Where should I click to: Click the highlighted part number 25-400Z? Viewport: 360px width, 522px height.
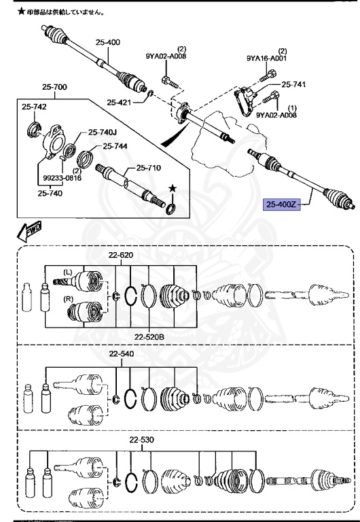(x=281, y=204)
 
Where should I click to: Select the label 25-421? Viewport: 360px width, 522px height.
(x=120, y=103)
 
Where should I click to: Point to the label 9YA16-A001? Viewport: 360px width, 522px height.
(x=266, y=59)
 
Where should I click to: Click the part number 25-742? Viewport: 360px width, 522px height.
(x=34, y=107)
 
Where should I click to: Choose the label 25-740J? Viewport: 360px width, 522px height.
(x=103, y=133)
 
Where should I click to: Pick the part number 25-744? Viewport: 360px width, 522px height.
(x=115, y=145)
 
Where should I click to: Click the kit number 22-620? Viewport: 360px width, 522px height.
(x=122, y=255)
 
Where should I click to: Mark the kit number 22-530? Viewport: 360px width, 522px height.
(x=143, y=440)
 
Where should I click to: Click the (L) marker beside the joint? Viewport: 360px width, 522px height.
(x=68, y=273)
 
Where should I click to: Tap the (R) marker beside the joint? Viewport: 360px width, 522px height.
(x=68, y=298)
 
